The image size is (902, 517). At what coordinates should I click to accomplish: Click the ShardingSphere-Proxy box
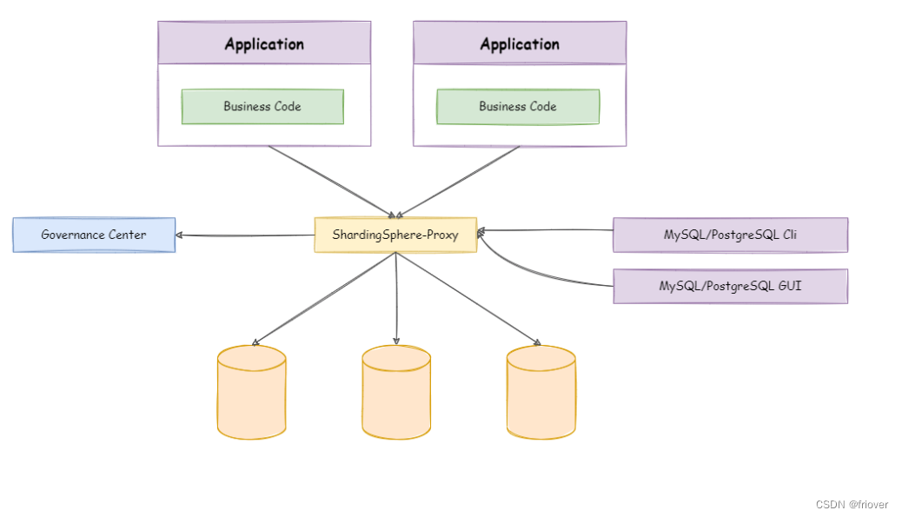tap(395, 235)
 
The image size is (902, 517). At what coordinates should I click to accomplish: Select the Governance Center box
tap(94, 235)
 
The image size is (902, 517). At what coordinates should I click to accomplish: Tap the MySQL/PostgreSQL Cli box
tap(730, 235)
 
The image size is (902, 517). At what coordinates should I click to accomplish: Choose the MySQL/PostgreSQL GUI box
tap(730, 286)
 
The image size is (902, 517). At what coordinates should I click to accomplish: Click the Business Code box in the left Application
tap(262, 106)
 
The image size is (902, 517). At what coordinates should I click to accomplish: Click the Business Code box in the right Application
tap(518, 106)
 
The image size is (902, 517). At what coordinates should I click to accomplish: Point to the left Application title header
tap(264, 43)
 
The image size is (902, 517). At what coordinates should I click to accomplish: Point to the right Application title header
tap(520, 43)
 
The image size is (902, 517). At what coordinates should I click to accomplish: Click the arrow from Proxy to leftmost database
tap(324, 298)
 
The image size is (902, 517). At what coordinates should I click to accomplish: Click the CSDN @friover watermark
tap(852, 504)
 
